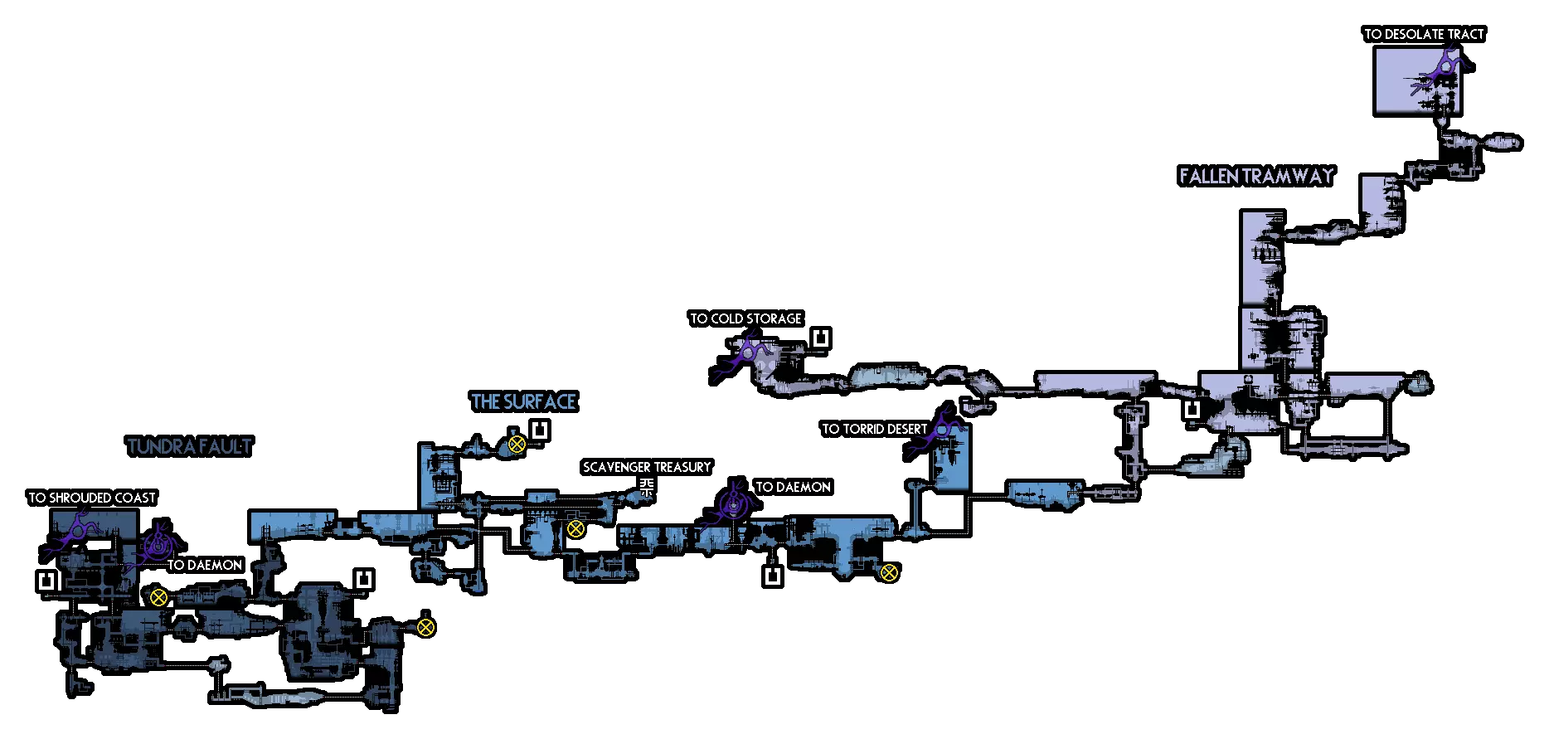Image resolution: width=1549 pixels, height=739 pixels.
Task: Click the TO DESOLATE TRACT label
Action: pyautogui.click(x=1424, y=34)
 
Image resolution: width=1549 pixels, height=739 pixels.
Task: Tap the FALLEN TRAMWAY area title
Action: pyautogui.click(x=1256, y=176)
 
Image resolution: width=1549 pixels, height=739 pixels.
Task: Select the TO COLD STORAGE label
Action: pyautogui.click(x=746, y=318)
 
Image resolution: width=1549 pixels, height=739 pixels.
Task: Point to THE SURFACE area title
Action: pyautogui.click(x=524, y=402)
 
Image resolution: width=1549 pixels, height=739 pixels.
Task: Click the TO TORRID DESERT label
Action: pyautogui.click(x=875, y=429)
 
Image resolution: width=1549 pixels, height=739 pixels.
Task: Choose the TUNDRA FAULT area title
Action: pyautogui.click(x=190, y=446)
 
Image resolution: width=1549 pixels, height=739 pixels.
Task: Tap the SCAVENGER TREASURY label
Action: pyautogui.click(x=647, y=467)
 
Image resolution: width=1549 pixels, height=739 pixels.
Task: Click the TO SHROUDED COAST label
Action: pyautogui.click(x=92, y=498)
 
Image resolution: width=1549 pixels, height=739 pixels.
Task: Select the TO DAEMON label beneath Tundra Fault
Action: pyautogui.click(x=205, y=565)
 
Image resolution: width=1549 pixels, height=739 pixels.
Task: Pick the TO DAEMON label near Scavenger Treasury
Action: pyautogui.click(x=793, y=487)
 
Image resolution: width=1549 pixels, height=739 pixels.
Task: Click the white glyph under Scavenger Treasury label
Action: pyautogui.click(x=646, y=487)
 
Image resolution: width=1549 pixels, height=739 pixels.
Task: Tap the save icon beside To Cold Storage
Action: pyautogui.click(x=820, y=338)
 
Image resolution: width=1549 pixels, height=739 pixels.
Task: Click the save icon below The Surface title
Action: pyautogui.click(x=541, y=430)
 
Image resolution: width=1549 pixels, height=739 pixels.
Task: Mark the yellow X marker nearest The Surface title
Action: pyautogui.click(x=517, y=444)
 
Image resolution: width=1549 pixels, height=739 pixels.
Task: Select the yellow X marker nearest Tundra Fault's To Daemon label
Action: pyautogui.click(x=158, y=596)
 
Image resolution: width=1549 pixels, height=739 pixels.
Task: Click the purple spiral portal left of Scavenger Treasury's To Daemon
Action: pyautogui.click(x=734, y=502)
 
